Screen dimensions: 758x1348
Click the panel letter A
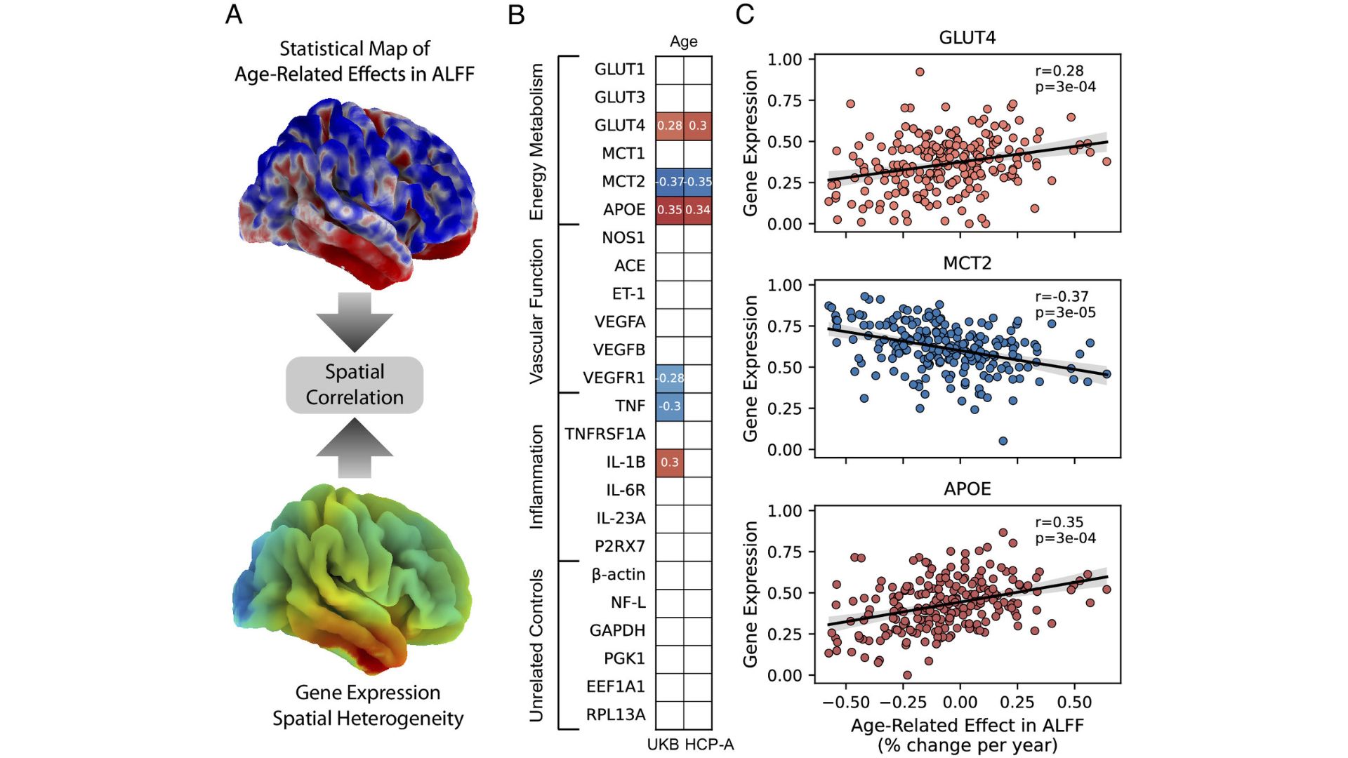pos(234,15)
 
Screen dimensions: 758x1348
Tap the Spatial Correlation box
pos(355,385)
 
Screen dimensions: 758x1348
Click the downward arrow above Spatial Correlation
pos(355,322)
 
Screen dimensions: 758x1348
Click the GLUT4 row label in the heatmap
pos(619,126)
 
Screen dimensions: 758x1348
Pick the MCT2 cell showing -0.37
pos(670,182)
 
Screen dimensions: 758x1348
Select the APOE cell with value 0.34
pos(698,210)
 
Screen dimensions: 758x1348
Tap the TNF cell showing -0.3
pos(670,406)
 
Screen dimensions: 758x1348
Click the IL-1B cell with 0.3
pos(670,463)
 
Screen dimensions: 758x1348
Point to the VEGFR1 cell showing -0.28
pos(670,378)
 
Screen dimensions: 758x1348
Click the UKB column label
pos(663,745)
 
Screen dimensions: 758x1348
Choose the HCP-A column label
pos(709,745)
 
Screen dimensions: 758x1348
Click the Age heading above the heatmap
pos(684,41)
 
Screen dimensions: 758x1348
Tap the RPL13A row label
pos(616,714)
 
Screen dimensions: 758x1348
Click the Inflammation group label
pos(536,477)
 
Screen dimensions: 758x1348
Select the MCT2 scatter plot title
pos(967,263)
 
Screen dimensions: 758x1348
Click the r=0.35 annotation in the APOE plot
pos(1059,522)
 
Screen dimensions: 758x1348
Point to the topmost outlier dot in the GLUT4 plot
pos(920,72)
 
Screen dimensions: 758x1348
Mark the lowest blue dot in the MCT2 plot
pos(1003,441)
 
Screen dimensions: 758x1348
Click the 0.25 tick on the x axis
pos(1017,703)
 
